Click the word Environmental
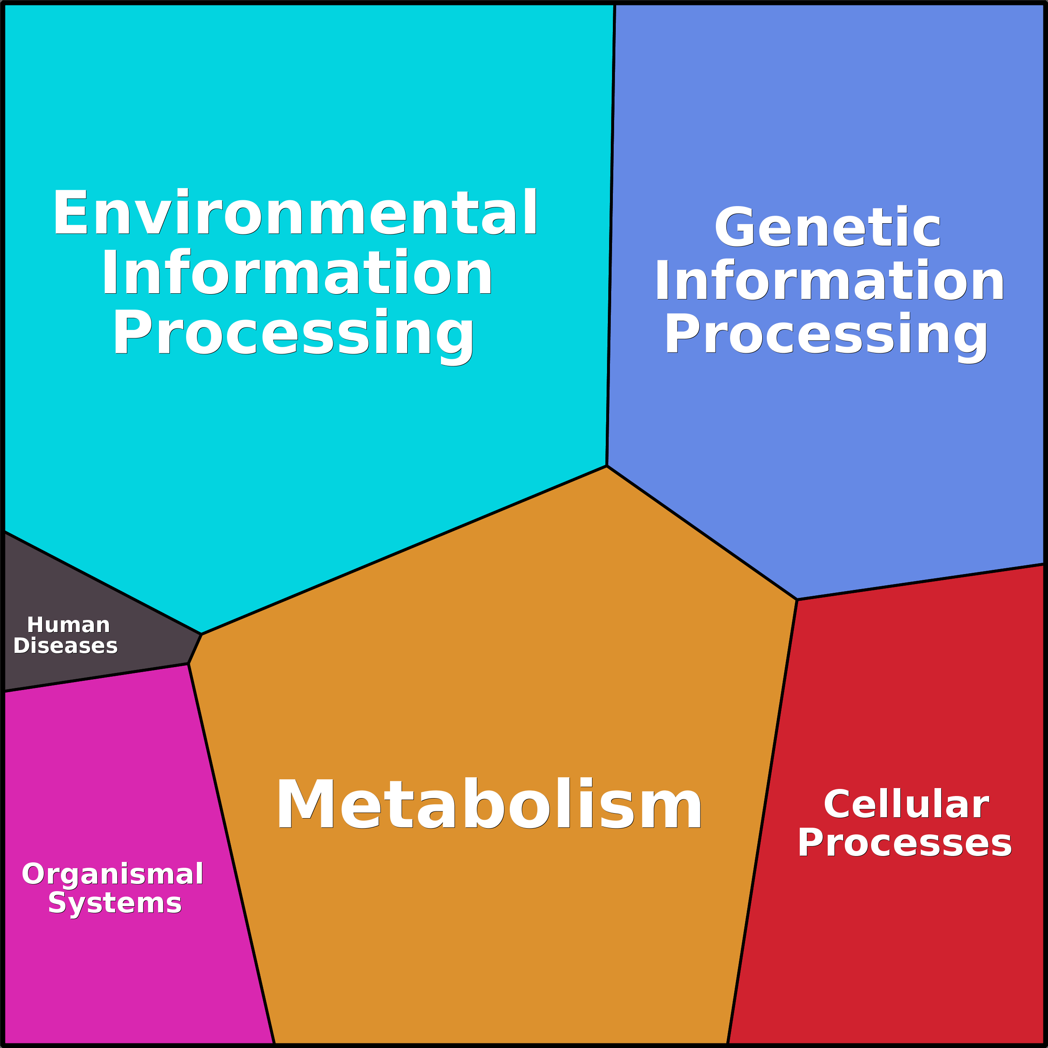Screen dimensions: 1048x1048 click(x=295, y=213)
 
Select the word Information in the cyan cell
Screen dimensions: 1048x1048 click(x=297, y=273)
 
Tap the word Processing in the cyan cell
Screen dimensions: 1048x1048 click(x=293, y=333)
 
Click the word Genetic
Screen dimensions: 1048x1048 click(x=828, y=228)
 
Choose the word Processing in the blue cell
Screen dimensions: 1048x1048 click(x=826, y=334)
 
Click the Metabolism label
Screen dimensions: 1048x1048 click(x=489, y=804)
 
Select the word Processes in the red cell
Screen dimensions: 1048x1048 click(x=904, y=844)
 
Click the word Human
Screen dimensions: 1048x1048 click(x=68, y=625)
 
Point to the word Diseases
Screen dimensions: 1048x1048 click(x=65, y=646)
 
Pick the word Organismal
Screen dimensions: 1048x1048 click(x=112, y=874)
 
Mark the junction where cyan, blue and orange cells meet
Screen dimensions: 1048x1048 click(x=607, y=466)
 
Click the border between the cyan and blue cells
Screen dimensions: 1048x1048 click(x=611, y=233)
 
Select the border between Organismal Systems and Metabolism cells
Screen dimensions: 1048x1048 click(x=231, y=851)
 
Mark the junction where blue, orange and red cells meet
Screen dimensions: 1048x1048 click(x=797, y=600)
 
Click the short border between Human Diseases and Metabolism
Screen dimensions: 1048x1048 click(x=195, y=649)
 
